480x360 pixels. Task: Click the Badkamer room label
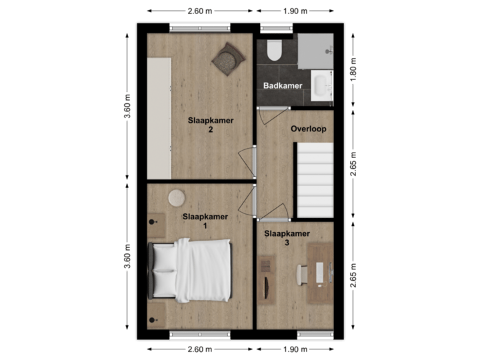coord(283,86)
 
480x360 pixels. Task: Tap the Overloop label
coord(308,129)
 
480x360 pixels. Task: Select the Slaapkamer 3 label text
coord(287,238)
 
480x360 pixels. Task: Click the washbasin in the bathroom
coord(321,85)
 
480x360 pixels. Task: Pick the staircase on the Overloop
coord(315,181)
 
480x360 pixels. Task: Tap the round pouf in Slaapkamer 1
coord(177,198)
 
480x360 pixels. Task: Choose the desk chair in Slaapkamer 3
coord(301,273)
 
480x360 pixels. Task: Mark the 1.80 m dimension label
coord(354,69)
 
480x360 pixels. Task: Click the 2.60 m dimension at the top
coord(200,11)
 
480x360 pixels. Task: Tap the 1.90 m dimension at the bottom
coord(295,349)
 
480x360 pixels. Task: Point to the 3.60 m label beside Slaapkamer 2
coord(127,107)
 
